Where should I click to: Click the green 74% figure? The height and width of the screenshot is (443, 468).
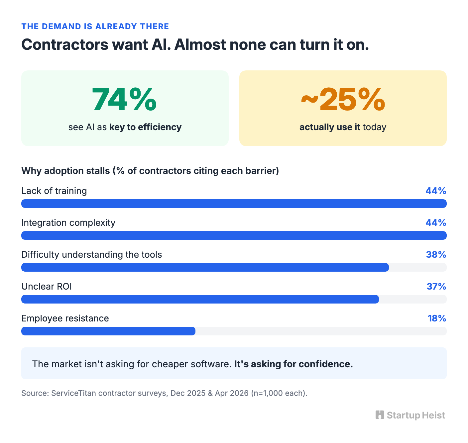click(124, 99)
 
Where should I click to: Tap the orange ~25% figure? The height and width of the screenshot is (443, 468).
click(343, 99)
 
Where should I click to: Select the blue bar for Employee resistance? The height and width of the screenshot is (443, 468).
click(108, 331)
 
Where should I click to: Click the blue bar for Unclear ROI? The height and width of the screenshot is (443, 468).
click(200, 299)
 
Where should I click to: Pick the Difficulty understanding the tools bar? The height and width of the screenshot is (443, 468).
click(205, 267)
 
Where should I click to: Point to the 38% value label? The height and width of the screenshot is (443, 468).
click(436, 255)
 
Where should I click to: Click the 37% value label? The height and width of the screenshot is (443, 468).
click(436, 287)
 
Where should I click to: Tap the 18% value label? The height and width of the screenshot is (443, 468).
click(437, 318)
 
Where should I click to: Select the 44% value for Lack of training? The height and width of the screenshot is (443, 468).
click(436, 191)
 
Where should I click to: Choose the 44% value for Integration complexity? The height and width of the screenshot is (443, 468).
click(436, 223)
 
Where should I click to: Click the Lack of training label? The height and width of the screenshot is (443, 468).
click(54, 191)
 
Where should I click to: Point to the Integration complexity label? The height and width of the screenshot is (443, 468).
click(68, 223)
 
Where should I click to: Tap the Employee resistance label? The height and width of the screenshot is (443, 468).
click(65, 318)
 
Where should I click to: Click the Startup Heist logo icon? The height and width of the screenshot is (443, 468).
click(380, 415)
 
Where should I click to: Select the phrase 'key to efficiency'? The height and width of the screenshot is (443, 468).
click(145, 127)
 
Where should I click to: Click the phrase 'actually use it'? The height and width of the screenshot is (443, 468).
click(330, 127)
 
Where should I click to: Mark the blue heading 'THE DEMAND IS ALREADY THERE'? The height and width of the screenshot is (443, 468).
click(95, 27)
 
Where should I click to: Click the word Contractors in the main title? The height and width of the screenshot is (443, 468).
click(65, 44)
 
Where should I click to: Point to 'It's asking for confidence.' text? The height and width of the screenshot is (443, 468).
click(293, 364)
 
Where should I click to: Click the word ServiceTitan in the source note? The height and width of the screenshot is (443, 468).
click(74, 393)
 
